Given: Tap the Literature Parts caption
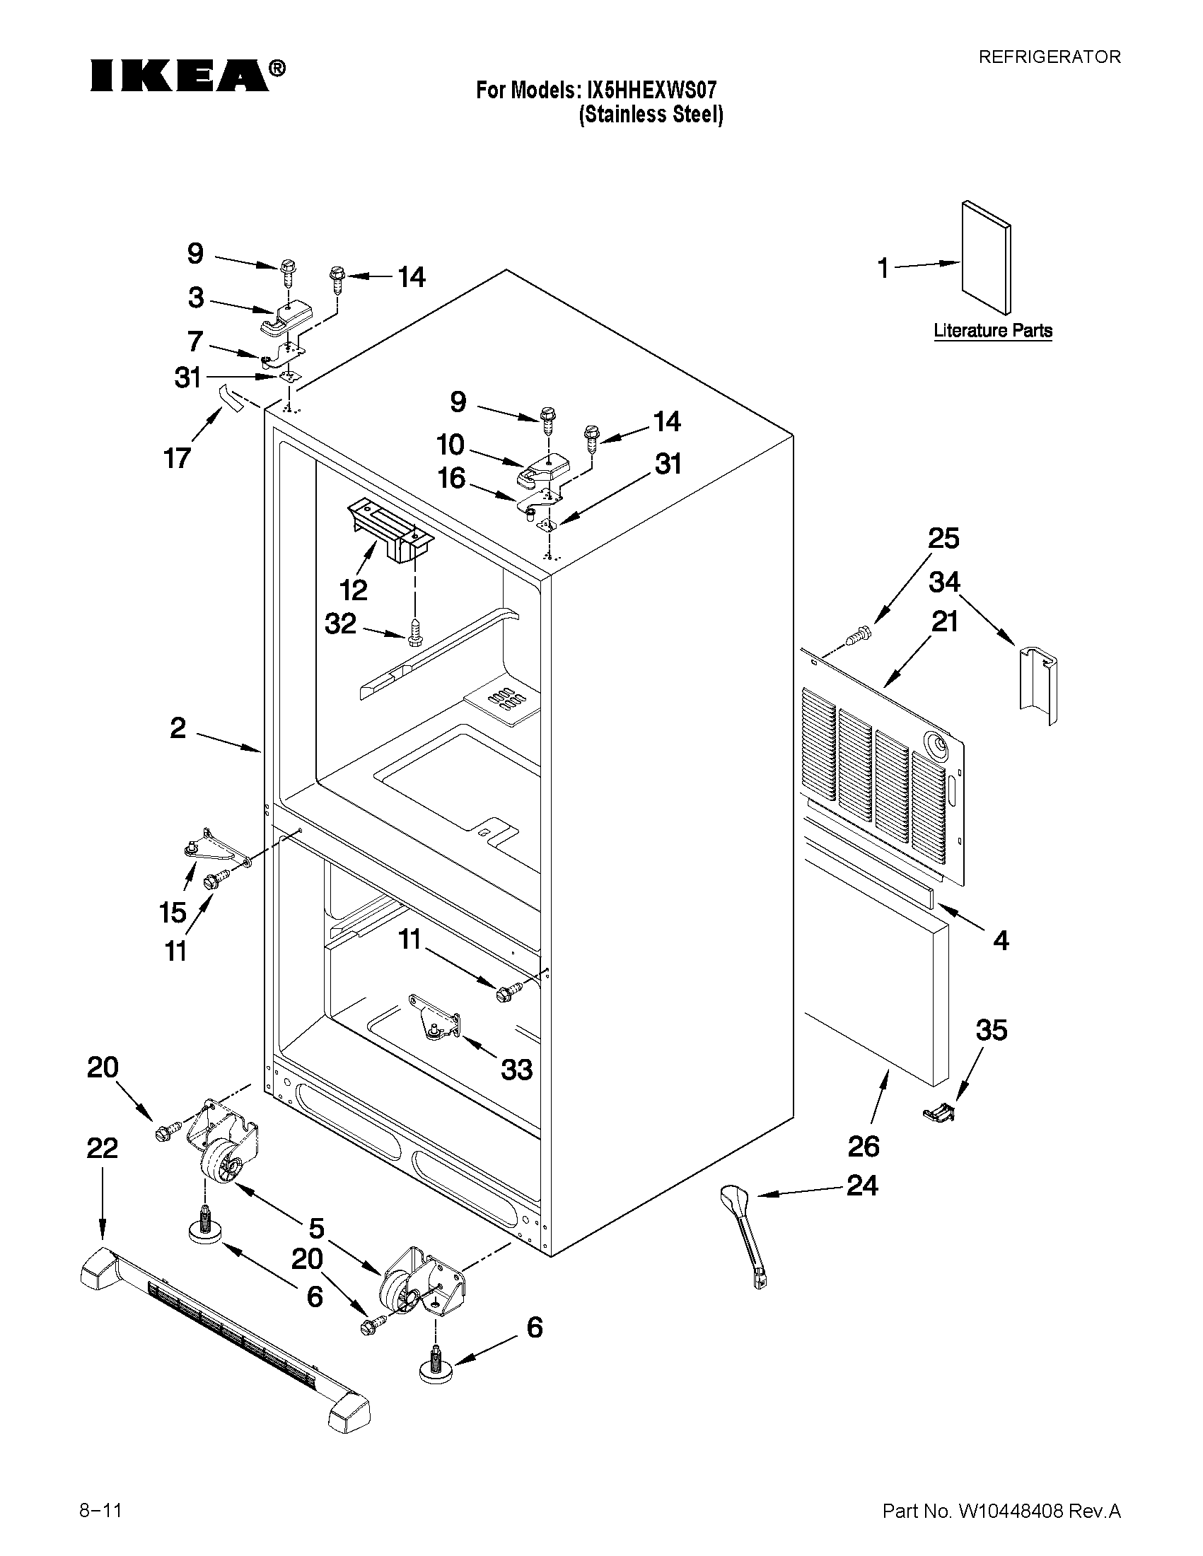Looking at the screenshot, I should click(x=993, y=331).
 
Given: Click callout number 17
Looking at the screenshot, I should click(x=178, y=457).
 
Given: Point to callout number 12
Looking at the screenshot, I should click(x=354, y=590).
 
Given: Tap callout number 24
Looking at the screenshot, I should click(x=861, y=1186).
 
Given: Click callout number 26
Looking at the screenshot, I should click(x=864, y=1147).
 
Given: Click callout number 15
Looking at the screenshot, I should click(x=173, y=913).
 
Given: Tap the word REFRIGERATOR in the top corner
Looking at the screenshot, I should click(x=1049, y=57).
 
